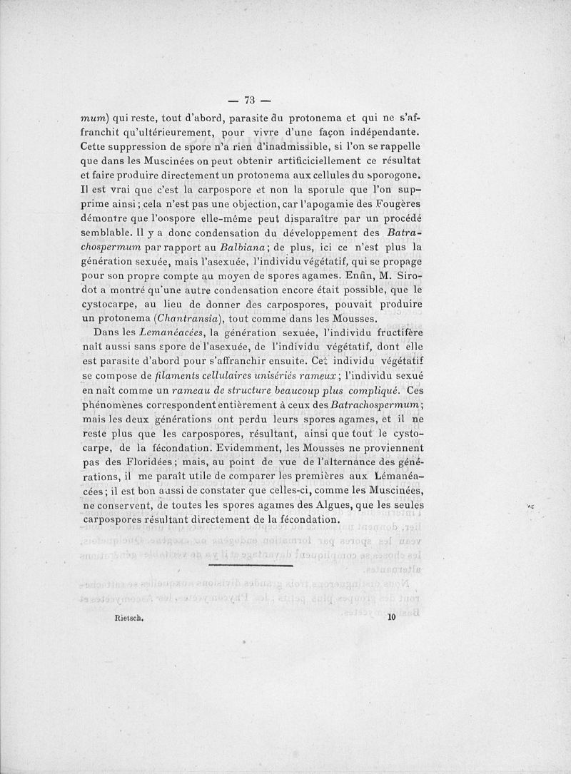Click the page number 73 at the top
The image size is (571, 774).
point(250,99)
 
